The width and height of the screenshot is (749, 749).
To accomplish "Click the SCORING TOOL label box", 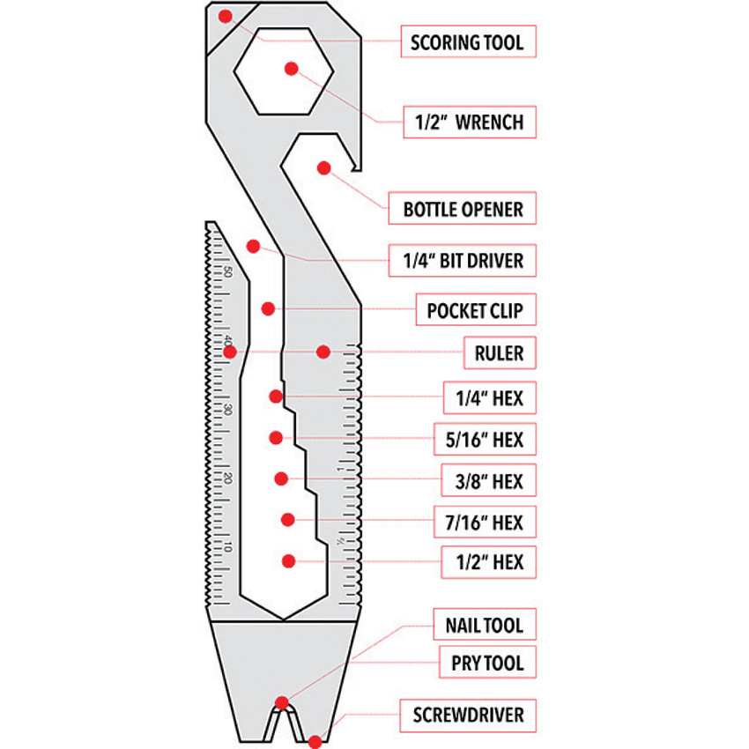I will pyautogui.click(x=467, y=41).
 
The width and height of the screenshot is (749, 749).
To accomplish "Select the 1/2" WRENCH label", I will pyautogui.click(x=469, y=122).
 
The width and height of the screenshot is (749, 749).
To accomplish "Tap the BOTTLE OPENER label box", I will pyautogui.click(x=463, y=210).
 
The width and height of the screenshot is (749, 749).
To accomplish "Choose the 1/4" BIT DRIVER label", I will pyautogui.click(x=463, y=260).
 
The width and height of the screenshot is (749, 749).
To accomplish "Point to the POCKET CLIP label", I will pyautogui.click(x=475, y=311).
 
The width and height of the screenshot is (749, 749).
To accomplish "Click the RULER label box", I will pyautogui.click(x=500, y=354).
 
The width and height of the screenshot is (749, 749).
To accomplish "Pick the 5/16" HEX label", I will pyautogui.click(x=486, y=438).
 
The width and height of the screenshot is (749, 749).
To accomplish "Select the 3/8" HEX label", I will pyautogui.click(x=489, y=481).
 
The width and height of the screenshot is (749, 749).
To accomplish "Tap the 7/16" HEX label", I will pyautogui.click(x=485, y=523).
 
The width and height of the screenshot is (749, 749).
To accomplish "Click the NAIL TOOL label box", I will pyautogui.click(x=484, y=627).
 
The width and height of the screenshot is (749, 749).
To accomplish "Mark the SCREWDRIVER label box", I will pyautogui.click(x=469, y=715).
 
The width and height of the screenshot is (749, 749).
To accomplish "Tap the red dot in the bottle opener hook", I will pyautogui.click(x=324, y=167).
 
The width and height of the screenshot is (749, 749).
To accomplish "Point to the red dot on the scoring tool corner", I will pyautogui.click(x=226, y=16).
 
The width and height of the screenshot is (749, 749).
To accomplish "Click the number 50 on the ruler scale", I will pyautogui.click(x=227, y=271).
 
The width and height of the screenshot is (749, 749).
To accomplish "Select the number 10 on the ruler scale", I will pyautogui.click(x=227, y=547).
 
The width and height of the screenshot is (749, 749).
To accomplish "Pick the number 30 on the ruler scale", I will pyautogui.click(x=227, y=410).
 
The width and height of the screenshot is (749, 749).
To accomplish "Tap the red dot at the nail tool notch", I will pyautogui.click(x=282, y=702).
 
